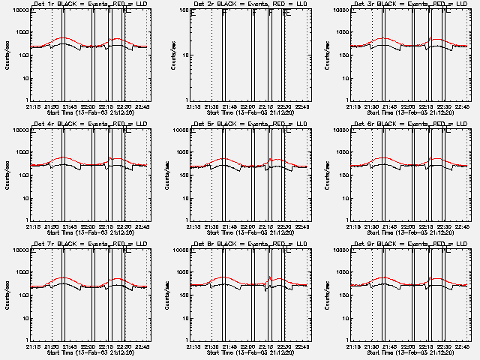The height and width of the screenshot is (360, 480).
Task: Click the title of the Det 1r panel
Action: (x=91, y=4)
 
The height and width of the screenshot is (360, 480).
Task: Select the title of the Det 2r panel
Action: (x=250, y=4)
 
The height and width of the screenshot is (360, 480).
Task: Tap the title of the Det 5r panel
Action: (x=250, y=124)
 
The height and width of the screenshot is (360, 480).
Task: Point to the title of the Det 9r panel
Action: (x=410, y=244)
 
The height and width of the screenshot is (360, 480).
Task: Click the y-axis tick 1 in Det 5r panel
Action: (x=187, y=220)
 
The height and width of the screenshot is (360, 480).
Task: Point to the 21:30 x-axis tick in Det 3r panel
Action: (x=372, y=107)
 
